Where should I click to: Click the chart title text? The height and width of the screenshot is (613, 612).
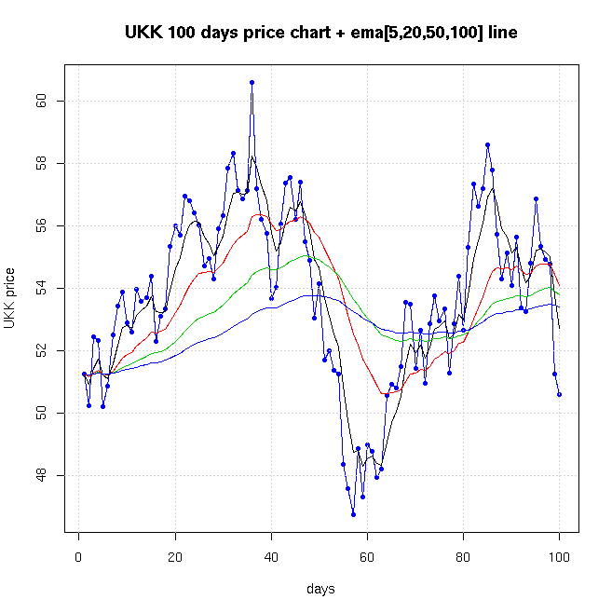[321, 33]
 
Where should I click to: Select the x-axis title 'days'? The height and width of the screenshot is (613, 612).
[321, 589]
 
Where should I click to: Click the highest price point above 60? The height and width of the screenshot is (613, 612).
[252, 82]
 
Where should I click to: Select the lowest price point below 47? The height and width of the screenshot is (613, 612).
[353, 514]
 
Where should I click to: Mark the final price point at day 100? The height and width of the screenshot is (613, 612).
[559, 394]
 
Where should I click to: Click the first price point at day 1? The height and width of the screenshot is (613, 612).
[84, 374]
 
